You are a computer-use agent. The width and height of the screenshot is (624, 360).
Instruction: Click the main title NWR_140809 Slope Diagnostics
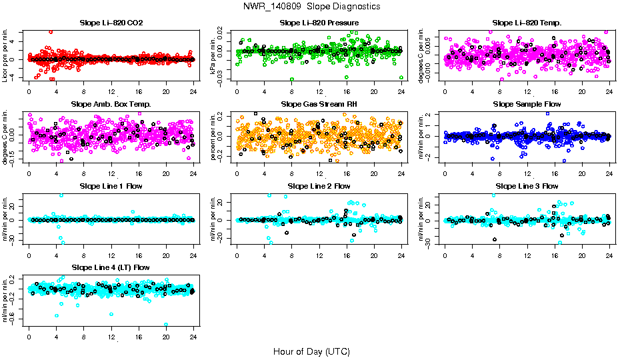[x=311, y=6]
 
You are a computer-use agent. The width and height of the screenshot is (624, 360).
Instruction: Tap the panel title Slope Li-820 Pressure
[x=319, y=23]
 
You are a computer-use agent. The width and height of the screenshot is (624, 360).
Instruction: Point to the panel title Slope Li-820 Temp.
[x=527, y=23]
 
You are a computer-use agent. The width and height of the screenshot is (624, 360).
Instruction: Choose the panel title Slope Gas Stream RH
[x=319, y=105]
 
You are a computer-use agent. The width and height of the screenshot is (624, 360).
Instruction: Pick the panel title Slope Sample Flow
[x=527, y=105]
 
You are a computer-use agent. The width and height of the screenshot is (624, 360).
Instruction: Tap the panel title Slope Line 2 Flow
[x=319, y=186]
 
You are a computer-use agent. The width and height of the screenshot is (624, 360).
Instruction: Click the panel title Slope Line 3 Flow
[x=527, y=186]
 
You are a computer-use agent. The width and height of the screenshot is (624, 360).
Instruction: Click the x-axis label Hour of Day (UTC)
[x=311, y=351]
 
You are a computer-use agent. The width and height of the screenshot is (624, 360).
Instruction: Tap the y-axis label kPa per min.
[x=214, y=55]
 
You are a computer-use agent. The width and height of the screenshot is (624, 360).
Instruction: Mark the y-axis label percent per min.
[x=214, y=136]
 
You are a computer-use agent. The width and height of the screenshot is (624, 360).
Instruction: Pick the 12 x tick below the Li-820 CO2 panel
[x=111, y=92]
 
